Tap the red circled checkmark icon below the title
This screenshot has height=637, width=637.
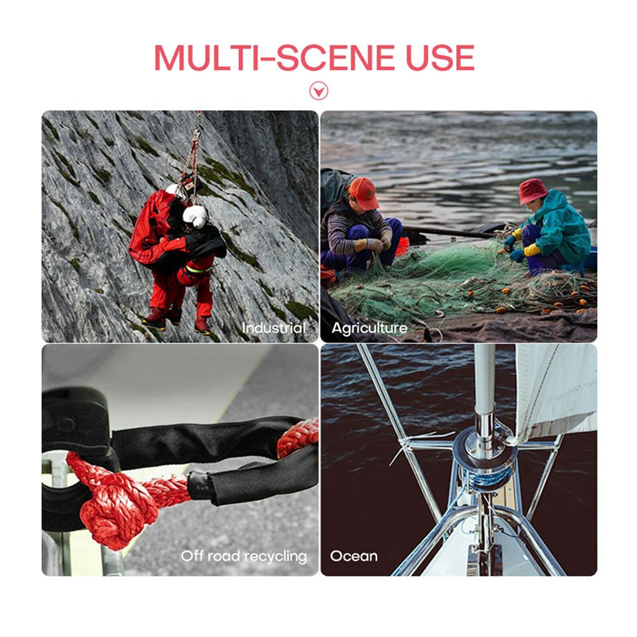tap(318, 90)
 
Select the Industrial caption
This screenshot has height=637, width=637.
tap(274, 328)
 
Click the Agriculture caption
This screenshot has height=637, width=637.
tap(369, 328)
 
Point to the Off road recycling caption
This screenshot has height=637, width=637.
tap(243, 556)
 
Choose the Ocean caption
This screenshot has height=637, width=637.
tap(354, 556)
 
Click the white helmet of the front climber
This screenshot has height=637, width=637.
tap(196, 216)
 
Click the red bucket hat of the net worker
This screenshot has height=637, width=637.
tap(533, 190)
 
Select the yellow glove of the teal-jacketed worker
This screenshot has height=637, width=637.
tap(532, 250)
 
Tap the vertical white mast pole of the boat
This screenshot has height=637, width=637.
tap(485, 382)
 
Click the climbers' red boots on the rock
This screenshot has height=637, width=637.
tap(178, 318)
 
